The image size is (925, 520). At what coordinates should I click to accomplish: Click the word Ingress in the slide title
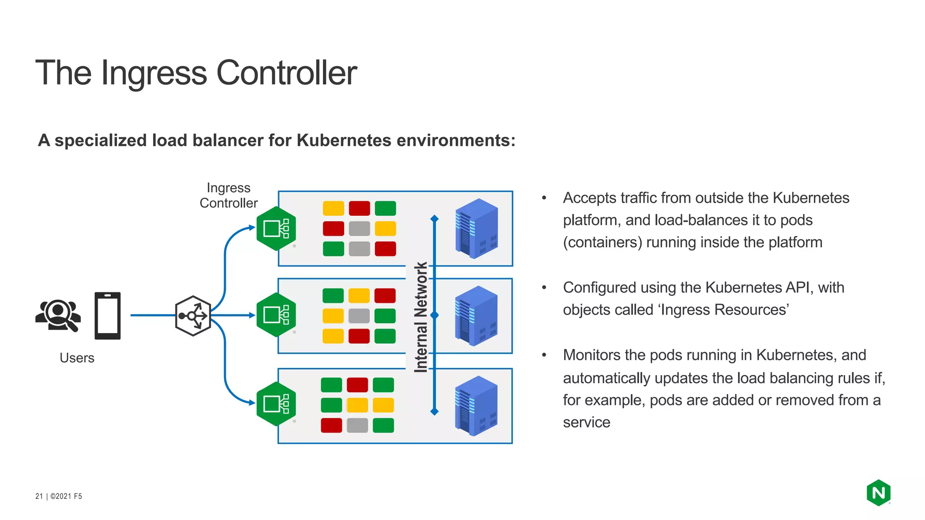coord(153,73)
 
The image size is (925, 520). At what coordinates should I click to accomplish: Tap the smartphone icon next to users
coord(107,316)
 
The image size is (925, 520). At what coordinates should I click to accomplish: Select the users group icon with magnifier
coord(58,315)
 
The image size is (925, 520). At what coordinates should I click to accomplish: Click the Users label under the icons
coord(77,358)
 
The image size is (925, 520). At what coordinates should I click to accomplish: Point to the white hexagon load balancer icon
coord(193,316)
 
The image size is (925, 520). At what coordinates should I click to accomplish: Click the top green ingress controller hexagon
coord(276,228)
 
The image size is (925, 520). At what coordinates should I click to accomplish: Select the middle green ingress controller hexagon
coord(276,315)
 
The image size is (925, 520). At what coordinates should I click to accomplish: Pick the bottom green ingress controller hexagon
coord(276,404)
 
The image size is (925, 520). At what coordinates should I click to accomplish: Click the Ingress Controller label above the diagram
coord(229,195)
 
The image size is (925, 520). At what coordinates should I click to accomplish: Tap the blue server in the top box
coord(477,228)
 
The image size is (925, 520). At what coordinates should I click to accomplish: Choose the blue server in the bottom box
coord(476,406)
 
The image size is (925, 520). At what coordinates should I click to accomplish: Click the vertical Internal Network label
coord(421,317)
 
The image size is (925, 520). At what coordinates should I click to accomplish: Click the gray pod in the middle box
coord(359,316)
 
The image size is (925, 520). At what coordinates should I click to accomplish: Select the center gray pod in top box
coord(360,229)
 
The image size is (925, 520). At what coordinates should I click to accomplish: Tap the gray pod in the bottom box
coord(357,425)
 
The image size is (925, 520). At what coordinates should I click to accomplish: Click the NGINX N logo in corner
coord(878,492)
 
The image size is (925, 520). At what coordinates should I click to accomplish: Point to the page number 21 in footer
coord(39,496)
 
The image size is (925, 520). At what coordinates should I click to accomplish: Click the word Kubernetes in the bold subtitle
coord(344,140)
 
